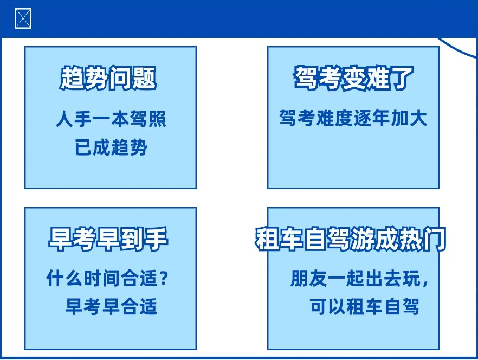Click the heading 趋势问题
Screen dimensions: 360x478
[x=108, y=79]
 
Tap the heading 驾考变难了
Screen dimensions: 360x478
[x=353, y=79]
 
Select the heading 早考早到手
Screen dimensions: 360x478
[x=108, y=239]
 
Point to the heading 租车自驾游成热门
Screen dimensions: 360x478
[x=351, y=239]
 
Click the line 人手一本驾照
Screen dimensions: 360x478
[x=111, y=119]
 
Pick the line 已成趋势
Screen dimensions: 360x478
[x=111, y=147]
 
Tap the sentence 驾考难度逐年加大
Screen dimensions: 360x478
[x=353, y=118]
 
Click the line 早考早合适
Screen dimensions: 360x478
[x=111, y=307]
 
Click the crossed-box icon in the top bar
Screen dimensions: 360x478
[x=23, y=19]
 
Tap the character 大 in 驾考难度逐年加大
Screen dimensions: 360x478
[x=418, y=118]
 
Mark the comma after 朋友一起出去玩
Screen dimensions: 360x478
[x=423, y=283]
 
